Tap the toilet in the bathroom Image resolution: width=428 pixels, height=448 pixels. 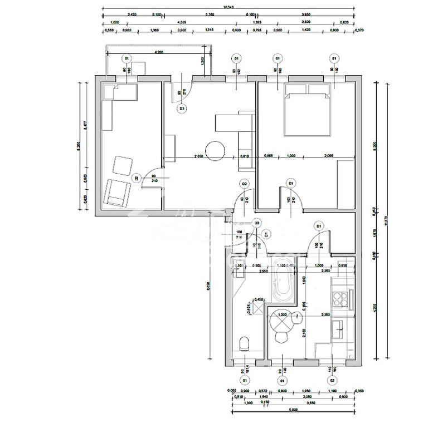tap(244, 344)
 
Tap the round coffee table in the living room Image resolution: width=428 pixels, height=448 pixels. tap(215, 150)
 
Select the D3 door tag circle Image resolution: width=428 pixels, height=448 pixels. tap(182, 110)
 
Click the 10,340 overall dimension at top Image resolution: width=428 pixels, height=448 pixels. tap(227, 7)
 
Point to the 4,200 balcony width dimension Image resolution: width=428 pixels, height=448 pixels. tap(159, 52)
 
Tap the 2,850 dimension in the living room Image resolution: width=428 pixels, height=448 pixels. tap(198, 156)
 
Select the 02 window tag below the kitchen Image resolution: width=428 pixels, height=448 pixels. tap(332, 380)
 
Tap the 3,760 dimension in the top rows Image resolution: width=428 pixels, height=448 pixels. tap(210, 15)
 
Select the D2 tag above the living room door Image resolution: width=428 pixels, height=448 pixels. tap(244, 184)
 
